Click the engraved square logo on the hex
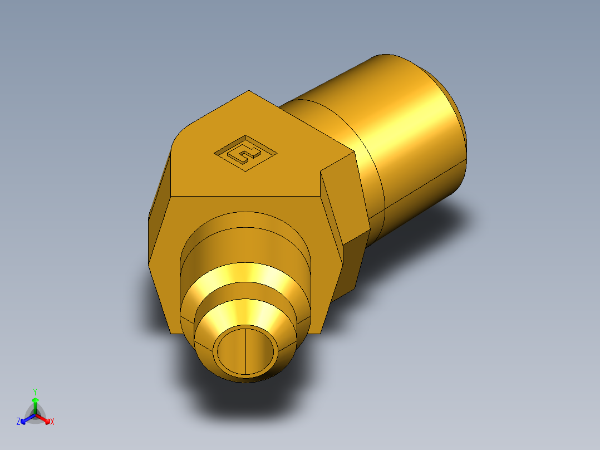coord(245,153)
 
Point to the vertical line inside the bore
coord(245,350)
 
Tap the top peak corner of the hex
coord(249,91)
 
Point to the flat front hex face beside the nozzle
coord(167,262)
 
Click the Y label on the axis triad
coord(35,392)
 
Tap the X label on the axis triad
coord(52,422)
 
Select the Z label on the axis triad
coord(18,422)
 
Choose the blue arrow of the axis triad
coord(26,418)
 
